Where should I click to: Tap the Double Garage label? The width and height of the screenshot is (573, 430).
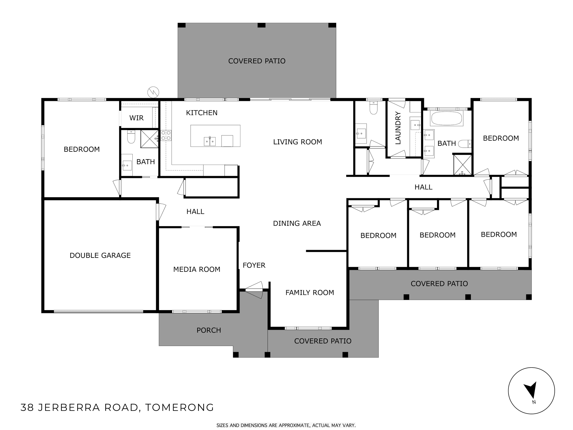[100, 255]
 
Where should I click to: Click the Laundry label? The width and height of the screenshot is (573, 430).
[398, 128]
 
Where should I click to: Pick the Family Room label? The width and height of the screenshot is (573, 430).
[310, 292]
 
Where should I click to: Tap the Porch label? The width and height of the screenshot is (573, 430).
[209, 330]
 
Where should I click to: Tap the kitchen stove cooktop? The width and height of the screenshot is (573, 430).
[166, 135]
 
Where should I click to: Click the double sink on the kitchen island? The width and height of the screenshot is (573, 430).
[210, 141]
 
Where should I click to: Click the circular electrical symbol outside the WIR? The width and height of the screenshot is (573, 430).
[153, 92]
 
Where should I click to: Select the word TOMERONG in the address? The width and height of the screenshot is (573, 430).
[179, 407]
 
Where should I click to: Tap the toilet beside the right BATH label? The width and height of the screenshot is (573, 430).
[465, 144]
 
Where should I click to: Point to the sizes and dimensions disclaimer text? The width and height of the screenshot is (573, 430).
[286, 425]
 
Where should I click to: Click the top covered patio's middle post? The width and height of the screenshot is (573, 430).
[261, 25]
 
